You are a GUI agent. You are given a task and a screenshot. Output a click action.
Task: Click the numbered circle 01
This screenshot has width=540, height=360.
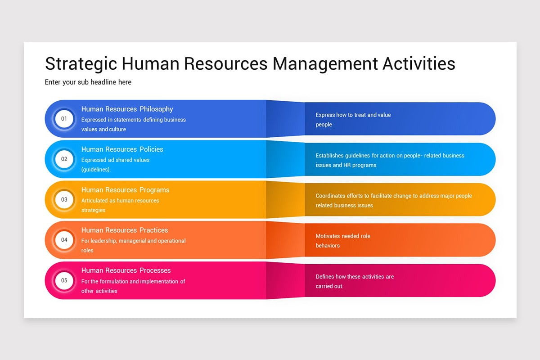64,119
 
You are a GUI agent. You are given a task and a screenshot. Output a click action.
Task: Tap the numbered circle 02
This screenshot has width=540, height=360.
64,159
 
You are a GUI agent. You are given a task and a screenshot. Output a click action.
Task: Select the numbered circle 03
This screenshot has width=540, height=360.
64,199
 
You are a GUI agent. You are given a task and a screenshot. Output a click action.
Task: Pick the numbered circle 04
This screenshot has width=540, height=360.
64,240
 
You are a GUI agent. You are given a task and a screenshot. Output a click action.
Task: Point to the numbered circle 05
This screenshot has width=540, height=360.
64,280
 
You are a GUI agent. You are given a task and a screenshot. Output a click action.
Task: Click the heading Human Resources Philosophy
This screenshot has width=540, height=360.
127,109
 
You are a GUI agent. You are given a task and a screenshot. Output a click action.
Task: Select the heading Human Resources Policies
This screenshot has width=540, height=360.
122,149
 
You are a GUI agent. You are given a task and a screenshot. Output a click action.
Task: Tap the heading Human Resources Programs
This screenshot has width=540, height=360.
125,190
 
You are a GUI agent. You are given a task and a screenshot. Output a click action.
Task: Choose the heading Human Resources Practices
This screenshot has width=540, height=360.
125,230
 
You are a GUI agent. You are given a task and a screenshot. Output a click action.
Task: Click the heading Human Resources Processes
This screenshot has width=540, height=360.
126,270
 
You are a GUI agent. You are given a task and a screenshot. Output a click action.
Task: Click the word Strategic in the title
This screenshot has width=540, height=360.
81,63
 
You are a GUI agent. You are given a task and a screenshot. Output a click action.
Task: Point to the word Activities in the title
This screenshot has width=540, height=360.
418,63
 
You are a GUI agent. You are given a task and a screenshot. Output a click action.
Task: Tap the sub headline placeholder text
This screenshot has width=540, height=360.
88,82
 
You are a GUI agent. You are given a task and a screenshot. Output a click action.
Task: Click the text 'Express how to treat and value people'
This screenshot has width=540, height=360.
353,120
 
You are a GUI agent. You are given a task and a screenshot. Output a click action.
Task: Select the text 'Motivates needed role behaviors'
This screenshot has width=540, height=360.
342,241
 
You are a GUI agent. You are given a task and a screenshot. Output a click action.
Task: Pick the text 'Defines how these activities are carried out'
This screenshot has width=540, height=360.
354,281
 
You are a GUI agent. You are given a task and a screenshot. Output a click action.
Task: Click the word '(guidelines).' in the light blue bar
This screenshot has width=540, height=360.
96,170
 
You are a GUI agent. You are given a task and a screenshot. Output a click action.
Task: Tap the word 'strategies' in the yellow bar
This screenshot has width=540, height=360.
93,210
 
